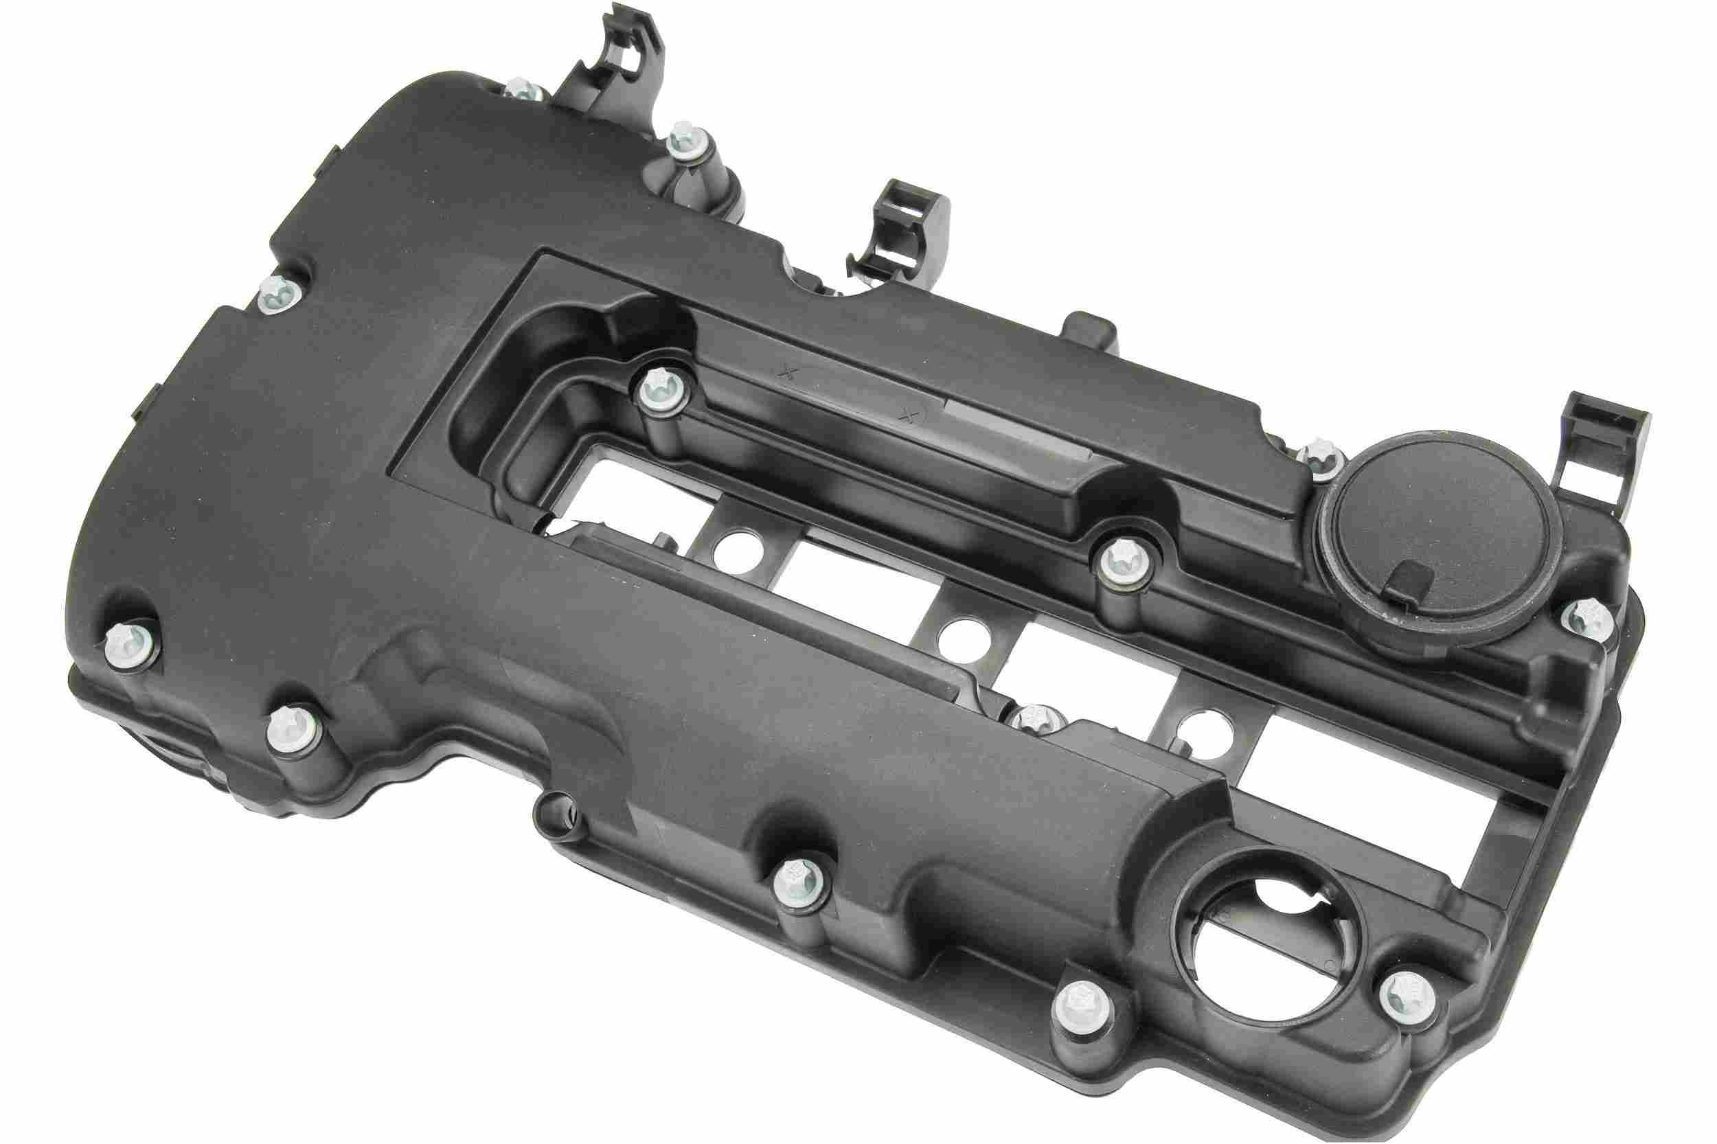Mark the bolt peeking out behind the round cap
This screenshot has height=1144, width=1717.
(1319, 456)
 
